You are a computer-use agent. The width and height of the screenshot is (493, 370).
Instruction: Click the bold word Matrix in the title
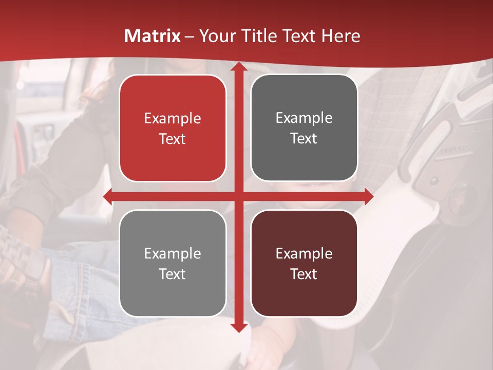(153, 36)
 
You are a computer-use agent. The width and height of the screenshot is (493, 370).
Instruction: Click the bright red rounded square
(173, 128)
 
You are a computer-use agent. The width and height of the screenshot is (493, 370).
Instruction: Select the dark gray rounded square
(304, 128)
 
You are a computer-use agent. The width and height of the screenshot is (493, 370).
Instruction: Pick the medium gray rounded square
(173, 263)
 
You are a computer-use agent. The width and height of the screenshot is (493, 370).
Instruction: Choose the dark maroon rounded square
(304, 263)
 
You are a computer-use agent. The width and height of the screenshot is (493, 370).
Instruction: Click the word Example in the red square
(173, 119)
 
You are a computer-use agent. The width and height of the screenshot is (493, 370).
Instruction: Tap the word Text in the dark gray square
(304, 139)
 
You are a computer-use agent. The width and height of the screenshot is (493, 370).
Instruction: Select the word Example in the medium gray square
(173, 253)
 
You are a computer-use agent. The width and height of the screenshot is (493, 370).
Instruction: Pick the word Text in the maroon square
(304, 274)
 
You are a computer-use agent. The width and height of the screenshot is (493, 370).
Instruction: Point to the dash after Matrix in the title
(189, 36)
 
